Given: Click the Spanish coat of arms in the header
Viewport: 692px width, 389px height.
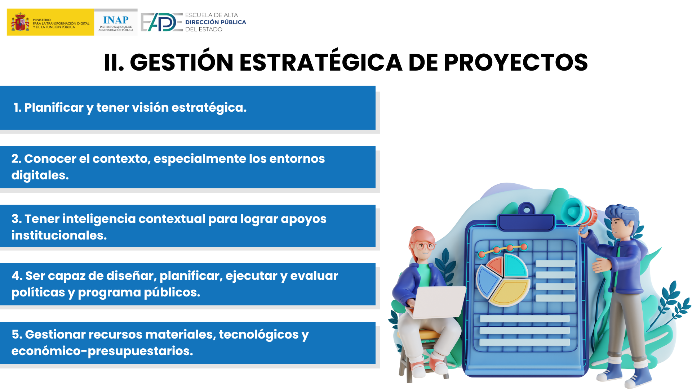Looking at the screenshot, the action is click(x=20, y=22).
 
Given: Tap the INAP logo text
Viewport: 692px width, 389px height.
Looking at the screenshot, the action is click(x=116, y=20).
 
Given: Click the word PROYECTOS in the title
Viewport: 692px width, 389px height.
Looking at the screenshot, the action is click(x=516, y=62).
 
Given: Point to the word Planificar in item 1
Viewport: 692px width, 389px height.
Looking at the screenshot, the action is click(x=54, y=107).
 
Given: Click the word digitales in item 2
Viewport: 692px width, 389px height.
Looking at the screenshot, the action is click(x=40, y=175).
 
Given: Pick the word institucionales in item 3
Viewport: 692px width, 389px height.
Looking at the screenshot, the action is click(x=59, y=235).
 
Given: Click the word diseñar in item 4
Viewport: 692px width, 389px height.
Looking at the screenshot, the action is click(x=131, y=276).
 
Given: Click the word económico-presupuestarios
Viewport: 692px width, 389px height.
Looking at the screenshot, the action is click(x=102, y=351).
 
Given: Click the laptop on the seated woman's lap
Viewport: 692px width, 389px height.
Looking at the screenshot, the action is click(x=436, y=303).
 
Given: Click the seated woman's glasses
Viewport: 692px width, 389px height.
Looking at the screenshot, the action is click(x=423, y=247).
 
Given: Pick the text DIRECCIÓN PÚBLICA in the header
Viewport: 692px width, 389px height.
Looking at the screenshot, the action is click(x=216, y=22).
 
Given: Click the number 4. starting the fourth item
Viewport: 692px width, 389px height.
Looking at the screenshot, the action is click(x=17, y=276).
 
